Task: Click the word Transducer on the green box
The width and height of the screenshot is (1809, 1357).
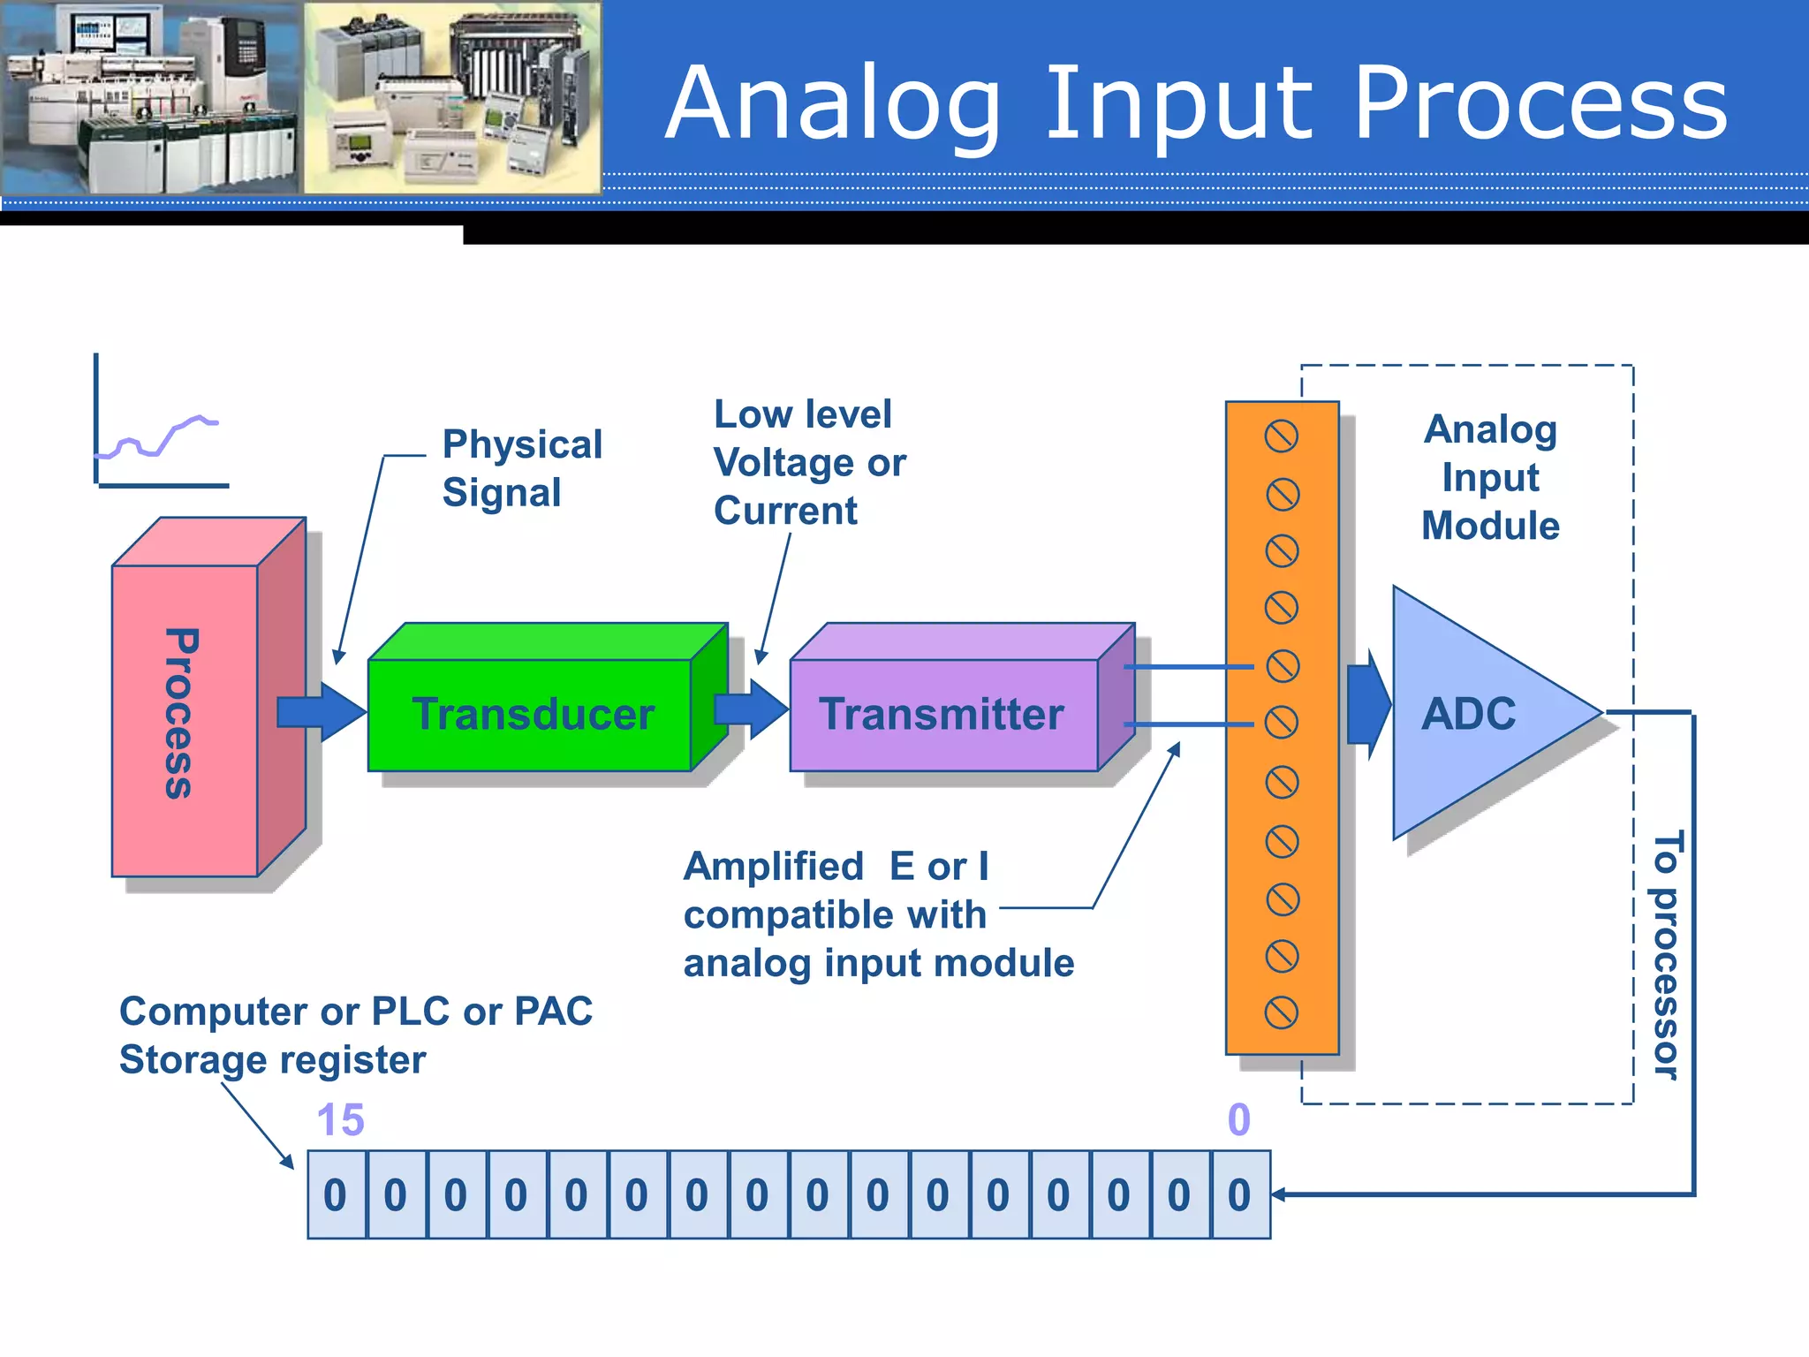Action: [533, 714]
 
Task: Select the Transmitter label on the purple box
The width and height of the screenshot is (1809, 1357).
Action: [941, 714]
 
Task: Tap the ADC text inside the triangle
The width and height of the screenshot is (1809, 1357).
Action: [1468, 714]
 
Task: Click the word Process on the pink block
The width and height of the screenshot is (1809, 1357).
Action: [182, 714]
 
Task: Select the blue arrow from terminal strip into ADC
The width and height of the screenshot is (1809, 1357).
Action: [1367, 704]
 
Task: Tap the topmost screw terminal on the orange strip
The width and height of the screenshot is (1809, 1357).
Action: [1281, 436]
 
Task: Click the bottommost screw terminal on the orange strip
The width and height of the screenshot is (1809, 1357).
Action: [1281, 1012]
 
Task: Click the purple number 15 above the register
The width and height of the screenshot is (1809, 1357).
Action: [340, 1119]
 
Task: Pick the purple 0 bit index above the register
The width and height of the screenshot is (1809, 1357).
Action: [1238, 1119]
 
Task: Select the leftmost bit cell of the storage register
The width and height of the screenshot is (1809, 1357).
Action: [336, 1194]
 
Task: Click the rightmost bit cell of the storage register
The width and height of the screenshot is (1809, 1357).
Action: [1239, 1194]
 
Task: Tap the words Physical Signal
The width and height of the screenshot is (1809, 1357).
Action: [521, 468]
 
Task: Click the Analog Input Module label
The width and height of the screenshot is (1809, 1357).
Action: [1490, 477]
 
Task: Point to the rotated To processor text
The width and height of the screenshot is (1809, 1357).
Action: [1666, 954]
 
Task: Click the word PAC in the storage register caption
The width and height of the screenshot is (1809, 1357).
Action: [553, 1011]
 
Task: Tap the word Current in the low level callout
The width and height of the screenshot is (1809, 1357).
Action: [784, 511]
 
